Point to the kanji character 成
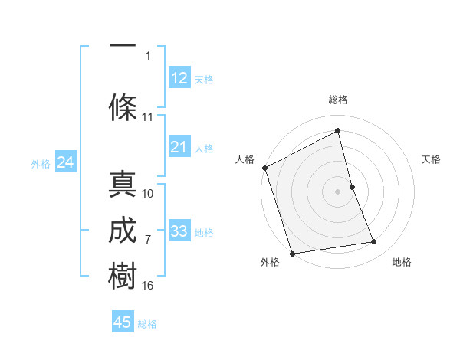coord(123,231)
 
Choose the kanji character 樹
coord(123,276)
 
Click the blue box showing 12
coord(179,78)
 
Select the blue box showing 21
coord(179,147)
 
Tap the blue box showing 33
coord(179,231)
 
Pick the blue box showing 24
coord(65,162)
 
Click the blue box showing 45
coord(123,322)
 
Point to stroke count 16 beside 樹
coord(148,285)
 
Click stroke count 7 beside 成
coord(148,240)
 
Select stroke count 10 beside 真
coord(148,194)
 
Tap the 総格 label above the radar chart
coord(337,100)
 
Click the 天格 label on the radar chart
coord(431,159)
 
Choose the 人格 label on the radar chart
coord(245,159)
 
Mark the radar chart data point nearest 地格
coord(374,242)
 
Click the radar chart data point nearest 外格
coord(292,253)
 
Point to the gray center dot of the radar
coord(337,191)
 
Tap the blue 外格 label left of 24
coord(41,163)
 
